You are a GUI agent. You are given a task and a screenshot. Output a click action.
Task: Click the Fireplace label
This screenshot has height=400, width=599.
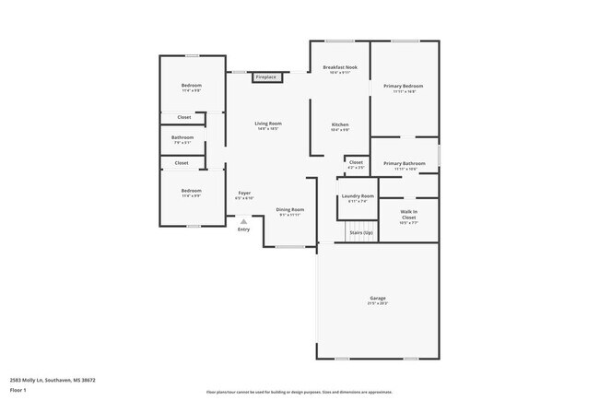pos(267,77)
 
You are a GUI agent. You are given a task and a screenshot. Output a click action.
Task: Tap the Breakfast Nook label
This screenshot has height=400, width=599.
pos(340,68)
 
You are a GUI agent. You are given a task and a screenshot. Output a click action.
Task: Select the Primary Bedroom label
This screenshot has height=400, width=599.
pos(405,86)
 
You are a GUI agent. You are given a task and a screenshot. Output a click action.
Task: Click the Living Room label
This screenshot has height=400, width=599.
pos(268,124)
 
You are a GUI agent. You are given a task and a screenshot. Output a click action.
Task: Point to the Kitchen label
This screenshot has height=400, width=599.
pos(340,124)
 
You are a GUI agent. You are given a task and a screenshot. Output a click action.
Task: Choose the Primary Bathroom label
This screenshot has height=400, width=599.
pos(405,163)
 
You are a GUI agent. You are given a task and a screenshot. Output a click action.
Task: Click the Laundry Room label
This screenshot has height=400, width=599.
pos(358,196)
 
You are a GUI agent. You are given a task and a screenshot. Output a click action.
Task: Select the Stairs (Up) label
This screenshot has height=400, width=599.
pos(360,232)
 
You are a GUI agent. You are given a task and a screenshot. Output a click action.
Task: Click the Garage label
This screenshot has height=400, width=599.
pos(378,298)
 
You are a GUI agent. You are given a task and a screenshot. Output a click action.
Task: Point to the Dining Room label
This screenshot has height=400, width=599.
pos(290,209)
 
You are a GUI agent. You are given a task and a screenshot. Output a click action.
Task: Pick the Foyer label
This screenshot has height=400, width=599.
pos(244,193)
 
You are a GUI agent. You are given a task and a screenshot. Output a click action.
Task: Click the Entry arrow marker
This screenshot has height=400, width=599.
pos(243,221)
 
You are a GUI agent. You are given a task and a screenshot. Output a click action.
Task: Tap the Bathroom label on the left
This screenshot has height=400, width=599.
pos(182,137)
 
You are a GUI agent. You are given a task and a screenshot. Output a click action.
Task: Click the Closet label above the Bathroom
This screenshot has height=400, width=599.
pos(183,117)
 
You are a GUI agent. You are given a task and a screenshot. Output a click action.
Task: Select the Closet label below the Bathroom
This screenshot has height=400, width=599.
pos(182,163)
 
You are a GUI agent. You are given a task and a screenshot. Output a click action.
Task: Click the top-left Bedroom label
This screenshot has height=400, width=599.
pos(191,86)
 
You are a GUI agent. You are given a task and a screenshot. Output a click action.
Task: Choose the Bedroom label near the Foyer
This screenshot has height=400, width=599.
pos(191,191)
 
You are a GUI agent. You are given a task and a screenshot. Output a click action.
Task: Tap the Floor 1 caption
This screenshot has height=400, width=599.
pos(18,390)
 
